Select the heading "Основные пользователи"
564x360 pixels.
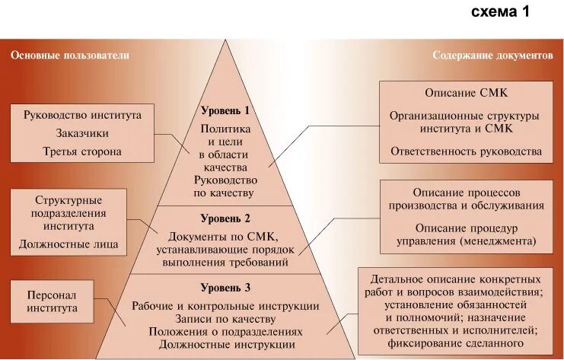point(69,56)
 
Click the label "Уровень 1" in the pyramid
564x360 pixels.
point(225,110)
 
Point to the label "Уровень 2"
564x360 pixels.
point(225,218)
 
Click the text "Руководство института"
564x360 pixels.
point(83,116)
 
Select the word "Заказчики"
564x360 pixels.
point(83,133)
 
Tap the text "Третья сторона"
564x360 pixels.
point(83,151)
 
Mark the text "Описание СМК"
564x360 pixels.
point(466,92)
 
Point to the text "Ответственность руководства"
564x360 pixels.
point(466,151)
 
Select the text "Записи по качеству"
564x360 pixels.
point(225,319)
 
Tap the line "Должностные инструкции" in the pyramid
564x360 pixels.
point(225,345)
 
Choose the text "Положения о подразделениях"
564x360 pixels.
point(225,332)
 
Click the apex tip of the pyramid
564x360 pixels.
point(226,40)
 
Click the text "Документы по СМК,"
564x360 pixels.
point(225,236)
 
